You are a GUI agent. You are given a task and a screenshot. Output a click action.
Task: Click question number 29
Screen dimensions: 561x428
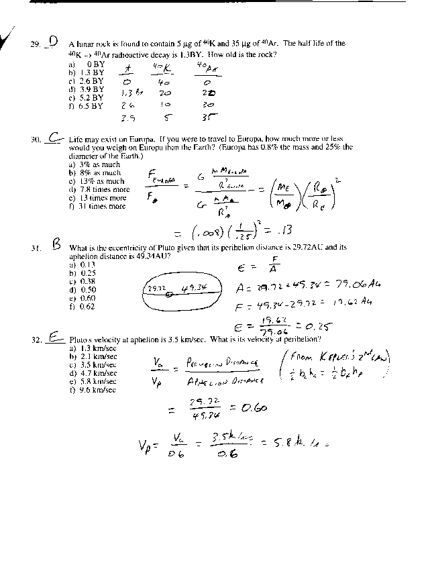(36, 45)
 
